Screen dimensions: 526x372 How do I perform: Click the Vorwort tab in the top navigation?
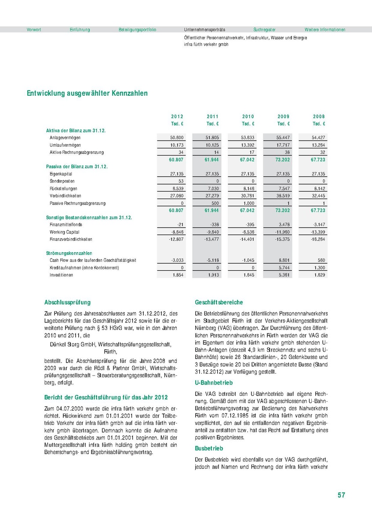[34, 29]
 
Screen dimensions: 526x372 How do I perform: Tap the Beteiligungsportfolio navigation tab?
[137, 29]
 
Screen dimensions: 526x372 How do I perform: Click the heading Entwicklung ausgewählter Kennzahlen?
[87, 93]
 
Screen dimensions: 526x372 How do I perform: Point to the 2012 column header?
[177, 116]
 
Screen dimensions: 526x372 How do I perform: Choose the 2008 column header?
[319, 116]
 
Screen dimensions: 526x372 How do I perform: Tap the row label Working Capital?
[64, 232]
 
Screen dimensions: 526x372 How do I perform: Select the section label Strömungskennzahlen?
[69, 254]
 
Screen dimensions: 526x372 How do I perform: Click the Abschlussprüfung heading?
[67, 302]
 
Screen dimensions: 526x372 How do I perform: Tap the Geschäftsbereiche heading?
[219, 302]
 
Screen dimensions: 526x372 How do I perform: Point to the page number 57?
[341, 495]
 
